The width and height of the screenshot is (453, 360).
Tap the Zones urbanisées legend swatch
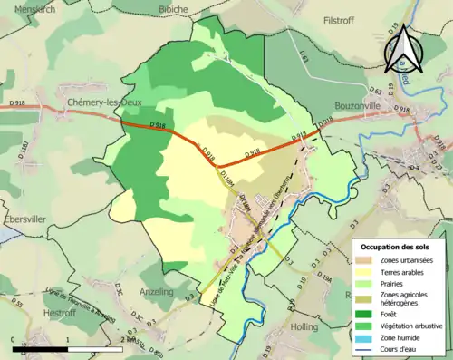click(x=365, y=260)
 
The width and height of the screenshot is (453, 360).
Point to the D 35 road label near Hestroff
click(x=20, y=300)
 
